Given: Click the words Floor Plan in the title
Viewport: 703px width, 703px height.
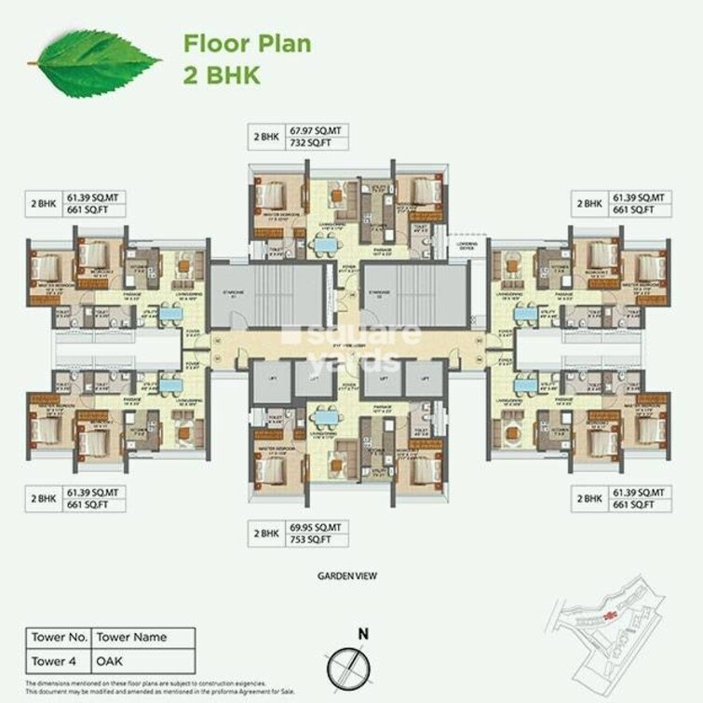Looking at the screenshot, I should (x=247, y=44).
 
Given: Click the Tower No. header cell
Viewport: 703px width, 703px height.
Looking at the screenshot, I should (x=58, y=639).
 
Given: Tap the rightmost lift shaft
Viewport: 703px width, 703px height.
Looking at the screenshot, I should (x=424, y=380).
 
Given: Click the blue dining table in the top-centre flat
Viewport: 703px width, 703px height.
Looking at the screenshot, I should (x=325, y=245).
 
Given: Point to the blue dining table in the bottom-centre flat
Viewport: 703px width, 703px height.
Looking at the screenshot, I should (x=325, y=419).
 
